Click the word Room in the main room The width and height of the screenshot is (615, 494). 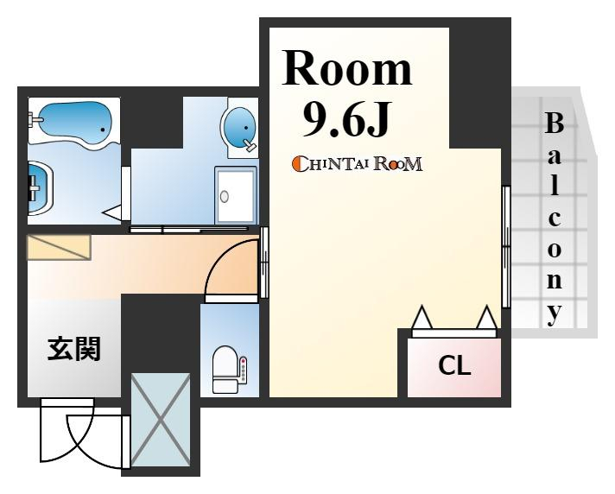tap(347, 68)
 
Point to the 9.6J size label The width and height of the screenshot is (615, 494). tap(347, 118)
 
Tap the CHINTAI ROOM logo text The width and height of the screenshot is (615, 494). tap(358, 164)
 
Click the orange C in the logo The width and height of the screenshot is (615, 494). tap(298, 164)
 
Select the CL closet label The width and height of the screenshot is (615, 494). tap(454, 365)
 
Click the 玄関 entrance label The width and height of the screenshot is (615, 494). tap(74, 348)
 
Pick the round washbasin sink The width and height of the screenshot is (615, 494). tap(239, 128)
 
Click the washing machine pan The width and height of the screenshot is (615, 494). tap(235, 195)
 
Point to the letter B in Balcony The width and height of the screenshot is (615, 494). tap(555, 123)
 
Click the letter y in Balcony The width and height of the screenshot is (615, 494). tap(555, 314)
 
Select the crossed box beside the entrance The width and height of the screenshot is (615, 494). tap(161, 420)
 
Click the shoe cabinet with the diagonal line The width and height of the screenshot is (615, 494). tap(59, 247)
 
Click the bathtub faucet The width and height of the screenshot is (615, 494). tap(35, 118)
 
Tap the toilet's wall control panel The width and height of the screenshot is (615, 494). tap(244, 369)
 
